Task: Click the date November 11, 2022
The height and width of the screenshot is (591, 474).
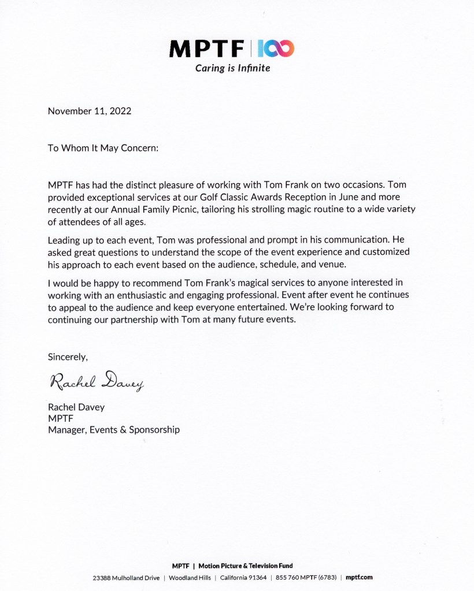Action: [x=90, y=111]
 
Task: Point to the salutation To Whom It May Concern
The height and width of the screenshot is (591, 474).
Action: [x=103, y=148]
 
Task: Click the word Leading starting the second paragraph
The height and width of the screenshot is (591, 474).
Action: [x=65, y=240]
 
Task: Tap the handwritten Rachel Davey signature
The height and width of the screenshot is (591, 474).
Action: [x=96, y=381]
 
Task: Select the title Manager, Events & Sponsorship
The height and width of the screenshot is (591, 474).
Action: [x=114, y=429]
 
